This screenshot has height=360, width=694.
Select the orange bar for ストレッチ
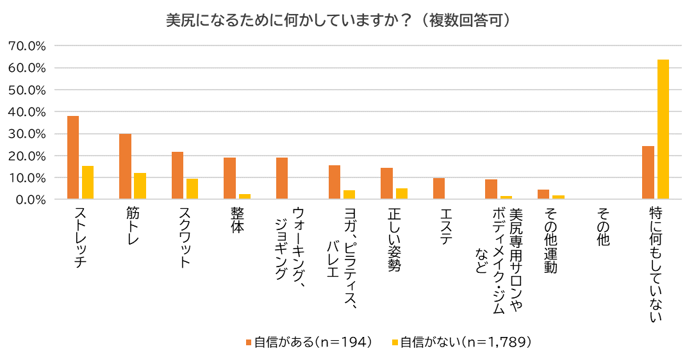(x=73, y=158)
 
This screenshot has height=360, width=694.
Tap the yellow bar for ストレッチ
(x=88, y=183)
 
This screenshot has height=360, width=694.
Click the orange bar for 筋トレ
(x=125, y=167)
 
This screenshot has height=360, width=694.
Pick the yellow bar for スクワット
(x=192, y=189)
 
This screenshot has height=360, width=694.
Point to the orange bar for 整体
(x=229, y=178)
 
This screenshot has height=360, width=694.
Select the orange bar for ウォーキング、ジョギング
(x=282, y=178)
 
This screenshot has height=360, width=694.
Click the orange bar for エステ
(x=439, y=188)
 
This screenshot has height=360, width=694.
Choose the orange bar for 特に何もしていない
(x=648, y=172)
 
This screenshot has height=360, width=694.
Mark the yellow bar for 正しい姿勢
(x=402, y=193)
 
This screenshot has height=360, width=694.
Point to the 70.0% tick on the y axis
(x=27, y=46)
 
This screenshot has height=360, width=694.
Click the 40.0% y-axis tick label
(x=27, y=112)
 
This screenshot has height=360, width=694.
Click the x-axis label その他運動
(x=550, y=241)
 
